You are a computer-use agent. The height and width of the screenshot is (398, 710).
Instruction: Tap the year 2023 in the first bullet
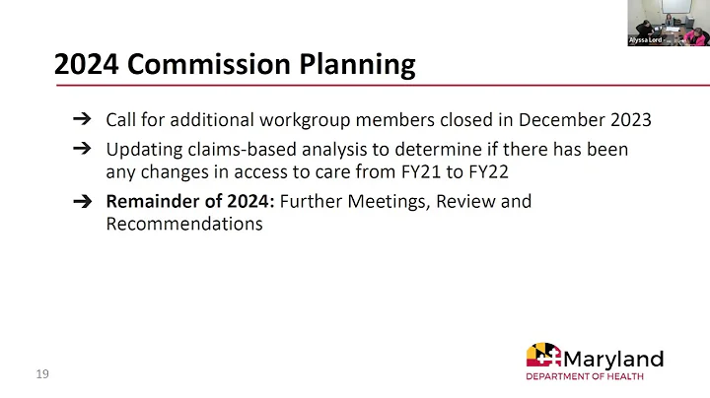[627, 121]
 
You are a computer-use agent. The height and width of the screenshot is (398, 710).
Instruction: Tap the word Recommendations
[184, 224]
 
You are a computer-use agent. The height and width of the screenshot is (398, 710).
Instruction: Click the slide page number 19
[42, 374]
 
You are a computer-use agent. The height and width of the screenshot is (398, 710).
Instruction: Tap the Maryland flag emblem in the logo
[543, 357]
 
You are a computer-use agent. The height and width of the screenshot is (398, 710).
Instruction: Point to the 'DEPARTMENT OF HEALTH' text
[585, 376]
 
